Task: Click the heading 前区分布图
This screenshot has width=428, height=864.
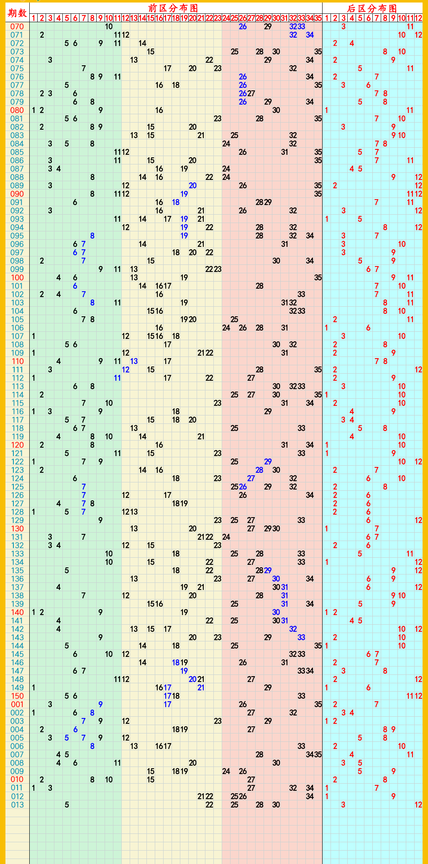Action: point(173,8)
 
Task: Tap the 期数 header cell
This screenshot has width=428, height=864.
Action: point(17,13)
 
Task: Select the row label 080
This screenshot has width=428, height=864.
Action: point(17,110)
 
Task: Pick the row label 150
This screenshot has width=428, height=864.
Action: point(17,696)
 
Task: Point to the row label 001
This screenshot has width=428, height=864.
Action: point(17,704)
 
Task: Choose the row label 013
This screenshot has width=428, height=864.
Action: point(17,805)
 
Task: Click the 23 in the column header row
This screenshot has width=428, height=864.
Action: point(218,18)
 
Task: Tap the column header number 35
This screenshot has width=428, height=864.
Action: point(318,18)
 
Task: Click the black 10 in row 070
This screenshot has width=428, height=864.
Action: point(109,27)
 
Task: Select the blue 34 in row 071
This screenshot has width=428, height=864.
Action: point(310,35)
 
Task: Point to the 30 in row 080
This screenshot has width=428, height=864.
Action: point(276,110)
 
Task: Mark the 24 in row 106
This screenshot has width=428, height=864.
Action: point(226,328)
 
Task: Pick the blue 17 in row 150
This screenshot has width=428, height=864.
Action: point(167,696)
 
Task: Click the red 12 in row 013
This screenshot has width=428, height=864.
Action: point(418,805)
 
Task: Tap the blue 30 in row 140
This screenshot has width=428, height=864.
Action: point(276,612)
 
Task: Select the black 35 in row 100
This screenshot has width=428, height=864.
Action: point(318,278)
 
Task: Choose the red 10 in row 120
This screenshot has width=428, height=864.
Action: point(402,445)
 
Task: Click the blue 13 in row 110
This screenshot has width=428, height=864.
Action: point(134,361)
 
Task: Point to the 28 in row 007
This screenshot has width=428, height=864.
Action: point(259,754)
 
